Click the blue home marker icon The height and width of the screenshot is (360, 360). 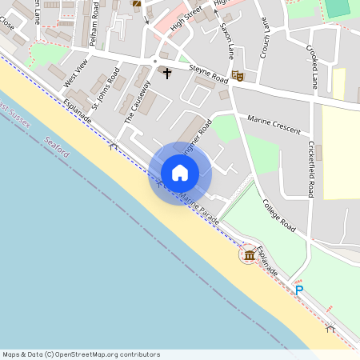[180, 173]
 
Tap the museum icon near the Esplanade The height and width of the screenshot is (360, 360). [249, 255]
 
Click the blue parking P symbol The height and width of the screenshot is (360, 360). [299, 290]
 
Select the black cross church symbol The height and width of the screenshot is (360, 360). [167, 74]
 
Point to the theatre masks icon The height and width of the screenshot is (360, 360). [237, 76]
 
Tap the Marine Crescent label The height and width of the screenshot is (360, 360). [274, 126]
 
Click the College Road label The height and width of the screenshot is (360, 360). [279, 215]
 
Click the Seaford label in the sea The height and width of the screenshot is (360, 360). [58, 146]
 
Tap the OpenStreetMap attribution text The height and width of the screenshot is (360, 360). [81, 354]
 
